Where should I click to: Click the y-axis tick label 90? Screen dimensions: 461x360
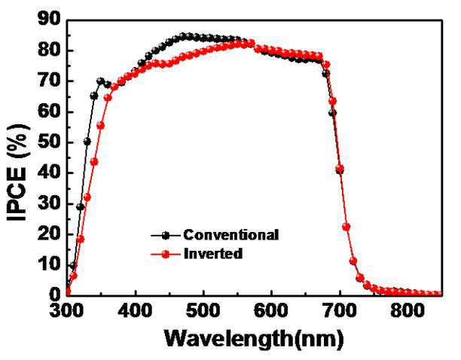[49, 20]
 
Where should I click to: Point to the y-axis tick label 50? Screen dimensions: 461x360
[49, 142]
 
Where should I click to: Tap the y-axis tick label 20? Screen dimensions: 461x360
[49, 234]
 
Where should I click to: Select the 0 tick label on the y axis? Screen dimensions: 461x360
[55, 294]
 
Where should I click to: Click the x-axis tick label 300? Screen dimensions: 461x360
[66, 310]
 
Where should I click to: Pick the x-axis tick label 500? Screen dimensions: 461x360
[203, 310]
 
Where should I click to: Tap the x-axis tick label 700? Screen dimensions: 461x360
[340, 310]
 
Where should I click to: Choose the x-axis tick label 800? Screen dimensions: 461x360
[408, 310]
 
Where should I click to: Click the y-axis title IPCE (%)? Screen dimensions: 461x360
[18, 172]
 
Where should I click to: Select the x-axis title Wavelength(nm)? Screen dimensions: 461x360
[254, 340]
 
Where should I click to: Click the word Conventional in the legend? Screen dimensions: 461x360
[231, 235]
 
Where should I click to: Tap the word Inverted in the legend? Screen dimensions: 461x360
[213, 254]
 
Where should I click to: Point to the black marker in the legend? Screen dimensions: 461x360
[166, 236]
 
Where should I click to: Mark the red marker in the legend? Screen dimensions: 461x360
[166, 255]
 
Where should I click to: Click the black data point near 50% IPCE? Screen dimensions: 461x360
[87, 142]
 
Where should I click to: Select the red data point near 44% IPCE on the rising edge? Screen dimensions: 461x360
[94, 162]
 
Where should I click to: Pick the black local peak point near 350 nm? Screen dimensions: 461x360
[100, 81]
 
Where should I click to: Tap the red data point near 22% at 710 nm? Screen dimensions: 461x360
[347, 227]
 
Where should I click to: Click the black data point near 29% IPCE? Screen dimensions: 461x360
[81, 207]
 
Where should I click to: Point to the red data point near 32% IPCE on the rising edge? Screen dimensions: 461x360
[87, 197]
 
